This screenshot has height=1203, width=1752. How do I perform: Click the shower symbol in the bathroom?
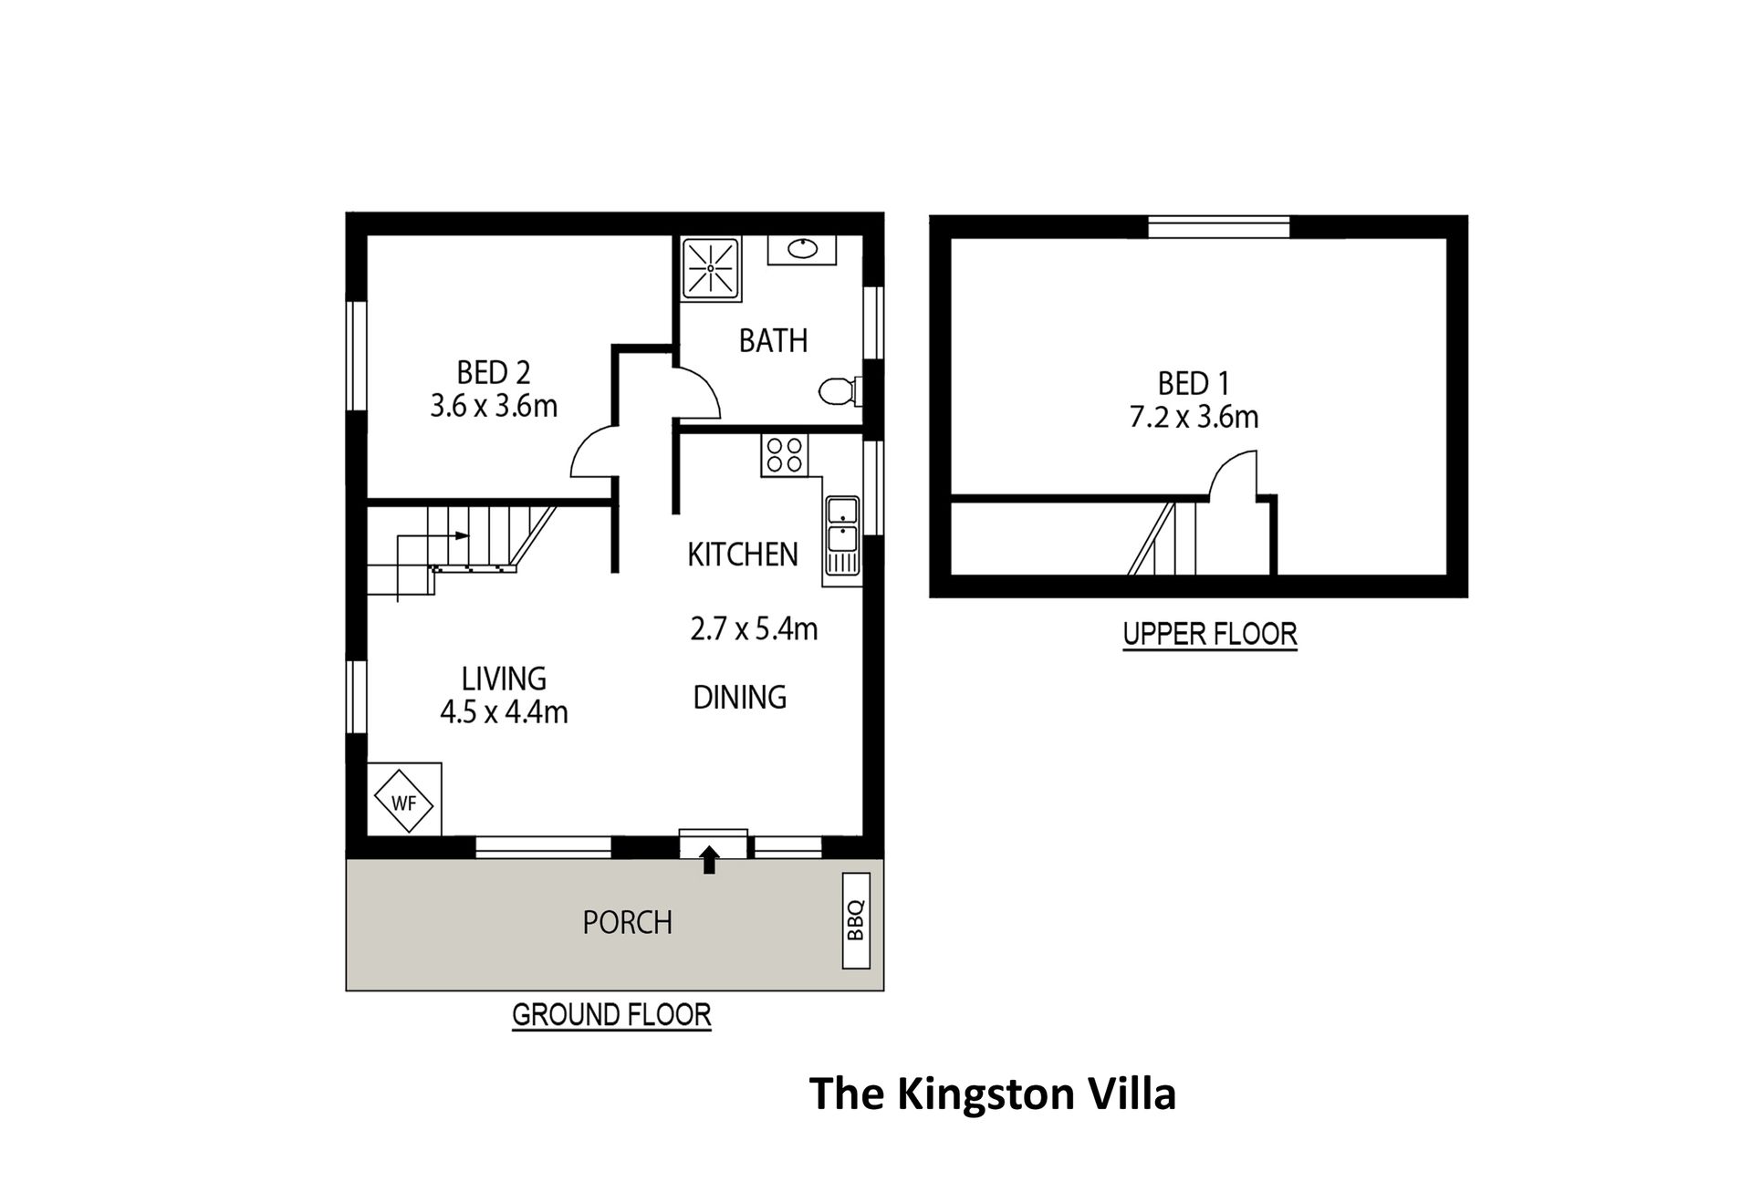coord(711,268)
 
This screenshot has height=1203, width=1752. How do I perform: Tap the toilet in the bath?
coord(840,392)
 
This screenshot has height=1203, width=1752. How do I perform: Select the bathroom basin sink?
coord(802,248)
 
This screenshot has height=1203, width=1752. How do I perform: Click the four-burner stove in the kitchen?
coord(785,455)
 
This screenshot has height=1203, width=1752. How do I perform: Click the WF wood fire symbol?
coord(404,801)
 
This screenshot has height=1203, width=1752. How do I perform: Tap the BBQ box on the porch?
coord(855,920)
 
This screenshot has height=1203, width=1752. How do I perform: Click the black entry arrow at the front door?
coord(709,859)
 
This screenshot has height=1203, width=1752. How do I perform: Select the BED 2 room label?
coord(494,372)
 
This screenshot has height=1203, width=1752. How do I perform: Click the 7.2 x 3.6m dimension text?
coord(1194,417)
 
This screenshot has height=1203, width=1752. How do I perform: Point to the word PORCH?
coord(628,922)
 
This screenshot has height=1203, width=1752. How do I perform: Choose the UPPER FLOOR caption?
coord(1210,634)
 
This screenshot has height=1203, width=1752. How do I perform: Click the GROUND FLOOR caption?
coord(611,1015)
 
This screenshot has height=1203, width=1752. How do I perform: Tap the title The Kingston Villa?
coord(993,1094)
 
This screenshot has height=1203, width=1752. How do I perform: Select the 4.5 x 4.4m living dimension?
coord(504,711)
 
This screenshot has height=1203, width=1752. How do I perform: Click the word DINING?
coord(740,697)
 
